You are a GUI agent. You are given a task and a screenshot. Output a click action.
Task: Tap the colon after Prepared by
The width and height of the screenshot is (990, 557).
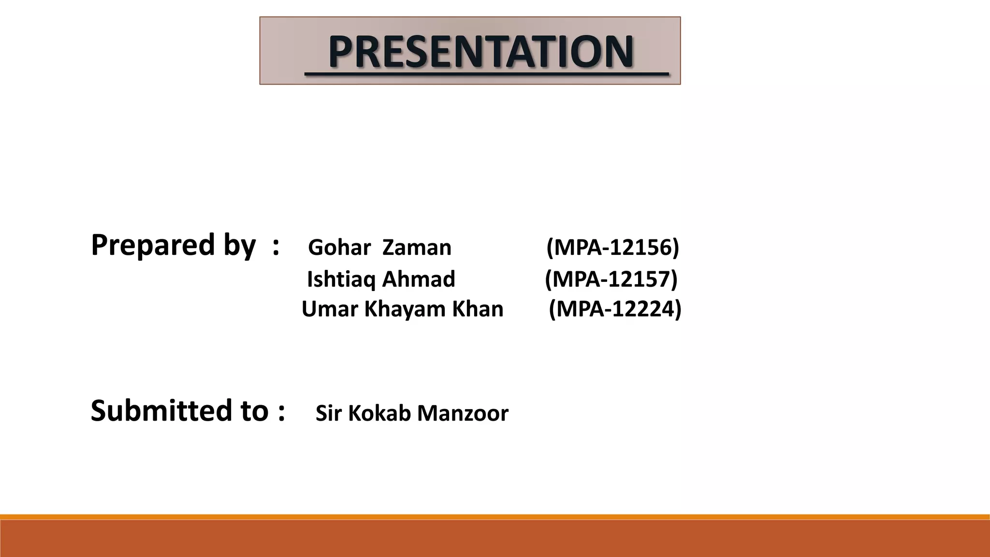point(276,246)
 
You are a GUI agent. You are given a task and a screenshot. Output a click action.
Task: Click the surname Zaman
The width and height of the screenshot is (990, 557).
point(416,248)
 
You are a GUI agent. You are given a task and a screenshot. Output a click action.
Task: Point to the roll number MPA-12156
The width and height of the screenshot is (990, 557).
point(612,247)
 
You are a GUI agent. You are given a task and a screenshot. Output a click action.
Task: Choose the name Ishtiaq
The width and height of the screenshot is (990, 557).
point(341,279)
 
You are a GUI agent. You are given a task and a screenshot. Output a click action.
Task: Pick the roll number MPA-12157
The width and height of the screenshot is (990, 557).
point(611,279)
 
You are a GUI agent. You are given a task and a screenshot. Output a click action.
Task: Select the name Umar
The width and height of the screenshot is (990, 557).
point(330,309)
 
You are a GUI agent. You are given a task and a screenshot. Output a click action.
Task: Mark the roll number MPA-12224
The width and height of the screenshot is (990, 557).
point(615,309)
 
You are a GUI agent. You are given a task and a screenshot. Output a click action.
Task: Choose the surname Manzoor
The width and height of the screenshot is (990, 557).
point(463,413)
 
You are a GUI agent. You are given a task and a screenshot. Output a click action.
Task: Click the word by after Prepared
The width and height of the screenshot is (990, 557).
point(239,246)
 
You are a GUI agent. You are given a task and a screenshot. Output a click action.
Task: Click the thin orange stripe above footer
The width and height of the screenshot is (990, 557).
point(495,517)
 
